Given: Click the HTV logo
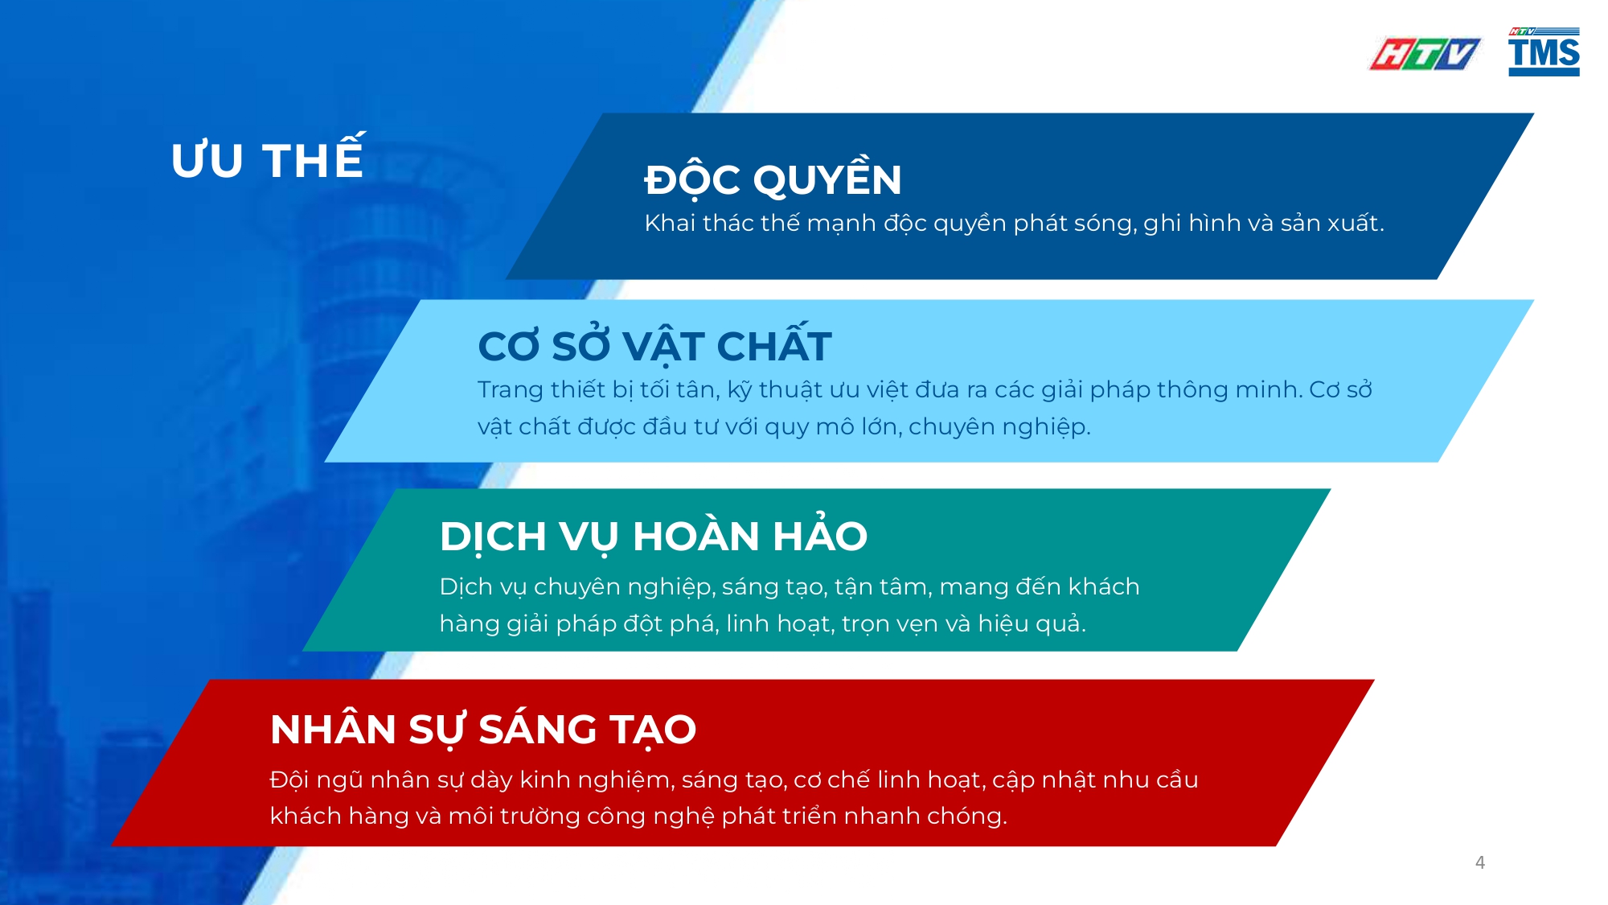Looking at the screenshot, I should (x=1424, y=54).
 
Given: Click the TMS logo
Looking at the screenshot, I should (x=1544, y=52).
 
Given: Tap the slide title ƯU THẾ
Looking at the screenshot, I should (x=268, y=159).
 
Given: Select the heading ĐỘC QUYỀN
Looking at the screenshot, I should (x=773, y=179).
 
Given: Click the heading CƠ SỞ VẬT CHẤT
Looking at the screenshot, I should (x=654, y=346).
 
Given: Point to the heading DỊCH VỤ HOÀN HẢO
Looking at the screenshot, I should (x=653, y=537).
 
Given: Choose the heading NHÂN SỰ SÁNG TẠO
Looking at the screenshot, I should (x=483, y=730).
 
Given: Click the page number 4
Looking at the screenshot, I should (x=1480, y=862).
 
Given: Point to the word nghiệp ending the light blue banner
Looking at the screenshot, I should (x=1044, y=427).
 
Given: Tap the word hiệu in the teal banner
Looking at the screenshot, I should (x=1000, y=624).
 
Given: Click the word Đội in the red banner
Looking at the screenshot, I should (x=289, y=780).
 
